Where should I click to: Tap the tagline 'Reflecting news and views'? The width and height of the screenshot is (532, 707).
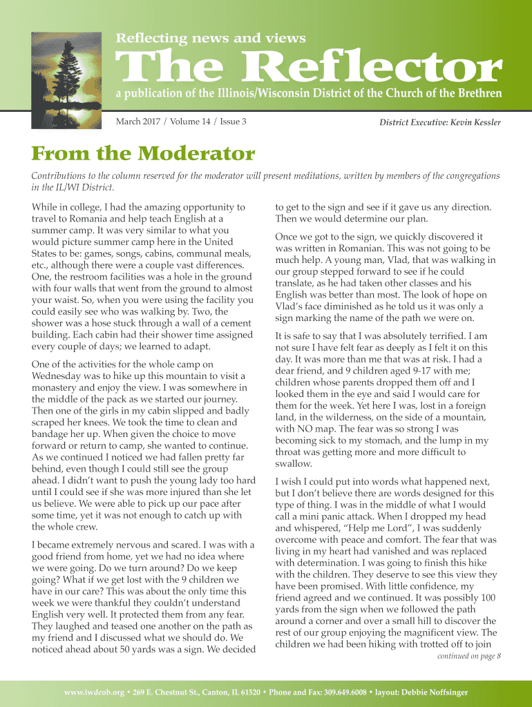coord(210,39)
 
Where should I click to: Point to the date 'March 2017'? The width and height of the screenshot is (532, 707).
coord(137,122)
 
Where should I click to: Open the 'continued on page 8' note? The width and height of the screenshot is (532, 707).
coord(469,656)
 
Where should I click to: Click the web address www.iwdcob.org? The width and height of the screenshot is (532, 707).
coord(91,692)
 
